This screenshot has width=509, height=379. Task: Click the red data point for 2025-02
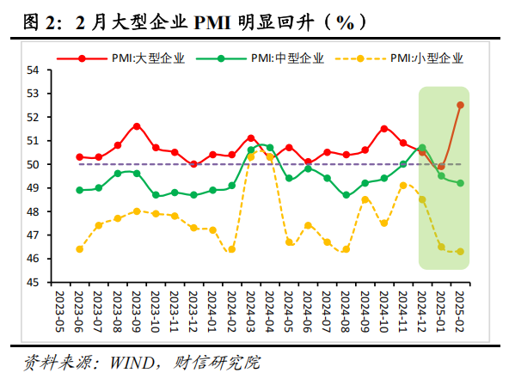click(460, 105)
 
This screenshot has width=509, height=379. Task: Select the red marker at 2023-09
click(137, 126)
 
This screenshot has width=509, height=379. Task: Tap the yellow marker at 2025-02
click(460, 252)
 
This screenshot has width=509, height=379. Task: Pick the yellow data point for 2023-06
click(80, 249)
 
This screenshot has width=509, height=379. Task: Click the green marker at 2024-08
click(346, 195)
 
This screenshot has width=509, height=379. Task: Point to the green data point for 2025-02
click(460, 183)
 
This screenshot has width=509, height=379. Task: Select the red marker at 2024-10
click(384, 129)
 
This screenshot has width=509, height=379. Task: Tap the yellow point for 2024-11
click(403, 186)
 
